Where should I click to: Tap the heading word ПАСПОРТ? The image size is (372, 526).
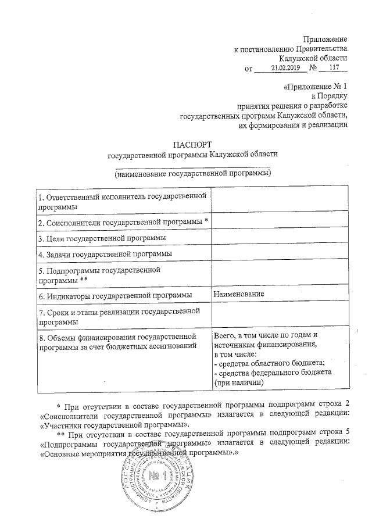click(x=192, y=144)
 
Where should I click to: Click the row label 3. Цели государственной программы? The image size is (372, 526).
click(x=102, y=238)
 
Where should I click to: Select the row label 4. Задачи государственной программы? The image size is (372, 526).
click(x=104, y=254)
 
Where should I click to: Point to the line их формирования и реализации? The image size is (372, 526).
click(x=294, y=124)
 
